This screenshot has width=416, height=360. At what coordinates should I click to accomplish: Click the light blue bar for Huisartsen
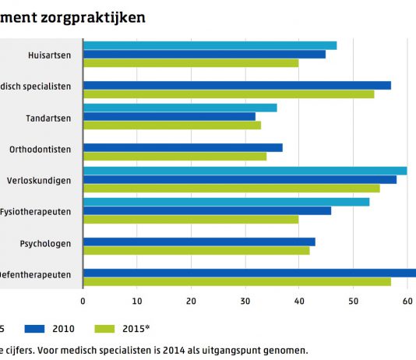(x=210, y=45)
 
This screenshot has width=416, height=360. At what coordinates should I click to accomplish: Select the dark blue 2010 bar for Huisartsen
(x=204, y=54)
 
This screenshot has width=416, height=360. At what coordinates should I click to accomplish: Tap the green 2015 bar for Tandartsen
(x=171, y=125)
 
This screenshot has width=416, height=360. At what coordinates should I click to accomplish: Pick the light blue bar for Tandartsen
(x=180, y=108)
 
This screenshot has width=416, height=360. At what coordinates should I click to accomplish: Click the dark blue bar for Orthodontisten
(x=182, y=147)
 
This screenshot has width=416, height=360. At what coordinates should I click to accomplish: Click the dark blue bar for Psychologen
(x=199, y=242)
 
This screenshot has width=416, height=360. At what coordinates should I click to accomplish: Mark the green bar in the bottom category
(x=237, y=281)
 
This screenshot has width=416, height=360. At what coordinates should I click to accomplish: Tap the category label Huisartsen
(x=49, y=55)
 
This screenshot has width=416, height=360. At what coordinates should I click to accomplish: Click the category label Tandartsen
(x=49, y=117)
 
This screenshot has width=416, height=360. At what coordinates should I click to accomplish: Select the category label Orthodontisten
(x=41, y=148)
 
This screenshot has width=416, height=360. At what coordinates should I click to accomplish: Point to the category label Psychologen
(x=46, y=243)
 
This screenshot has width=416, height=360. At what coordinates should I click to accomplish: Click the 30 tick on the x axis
(x=245, y=300)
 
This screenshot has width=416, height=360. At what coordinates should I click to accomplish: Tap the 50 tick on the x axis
(x=353, y=300)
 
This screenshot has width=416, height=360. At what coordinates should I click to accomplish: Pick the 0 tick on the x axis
(x=83, y=300)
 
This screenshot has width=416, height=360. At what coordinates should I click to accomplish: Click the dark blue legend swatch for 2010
(x=37, y=328)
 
